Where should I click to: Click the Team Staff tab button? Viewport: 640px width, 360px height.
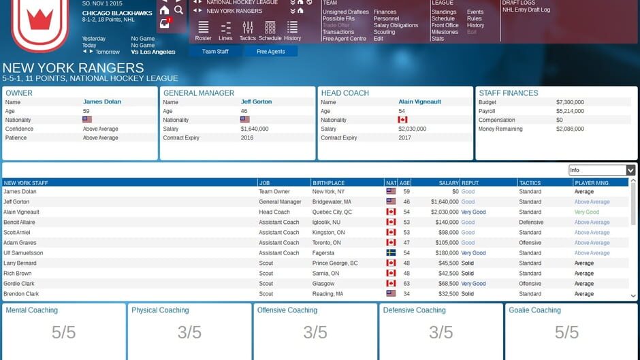tap(215, 52)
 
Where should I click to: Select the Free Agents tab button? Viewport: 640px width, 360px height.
tap(271, 52)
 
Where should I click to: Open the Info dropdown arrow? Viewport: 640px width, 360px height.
tap(630, 170)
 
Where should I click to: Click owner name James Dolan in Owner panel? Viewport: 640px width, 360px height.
tap(102, 102)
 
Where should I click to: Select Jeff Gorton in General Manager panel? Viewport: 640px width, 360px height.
tap(256, 102)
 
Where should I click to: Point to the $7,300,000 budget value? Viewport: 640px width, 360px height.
tap(570, 102)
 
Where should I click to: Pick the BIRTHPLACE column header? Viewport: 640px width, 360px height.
tap(329, 183)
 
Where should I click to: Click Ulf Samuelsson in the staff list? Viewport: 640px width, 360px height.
tap(23, 253)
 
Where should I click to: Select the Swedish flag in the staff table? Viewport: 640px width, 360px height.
tap(391, 253)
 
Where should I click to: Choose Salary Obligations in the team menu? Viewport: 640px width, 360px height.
tap(396, 25)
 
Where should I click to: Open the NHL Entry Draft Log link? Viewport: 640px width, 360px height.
tap(526, 10)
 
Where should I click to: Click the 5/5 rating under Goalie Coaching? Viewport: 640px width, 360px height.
tap(566, 332)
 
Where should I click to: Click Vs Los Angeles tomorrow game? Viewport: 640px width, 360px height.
tap(153, 52)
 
